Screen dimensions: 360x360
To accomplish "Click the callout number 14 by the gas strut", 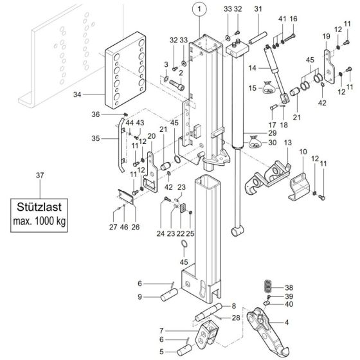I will [x=252, y=67].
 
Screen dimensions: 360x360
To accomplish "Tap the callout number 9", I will [x=139, y=296].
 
